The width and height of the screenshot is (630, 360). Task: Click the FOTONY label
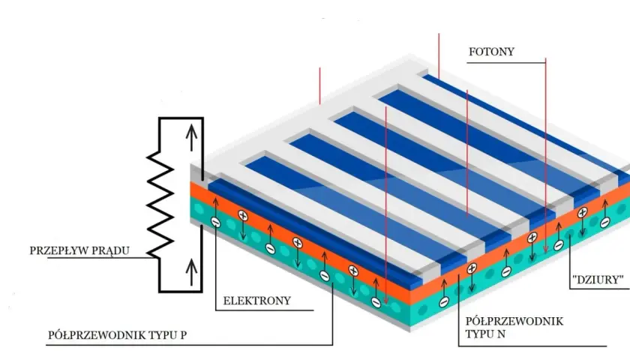(491, 52)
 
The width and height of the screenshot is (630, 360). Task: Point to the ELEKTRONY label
(256, 301)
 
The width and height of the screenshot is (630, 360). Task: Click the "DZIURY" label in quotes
(598, 280)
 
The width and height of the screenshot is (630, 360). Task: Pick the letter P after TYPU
(183, 335)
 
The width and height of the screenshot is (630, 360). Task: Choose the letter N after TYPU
(502, 334)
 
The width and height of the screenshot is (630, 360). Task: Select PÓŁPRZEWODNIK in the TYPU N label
(514, 322)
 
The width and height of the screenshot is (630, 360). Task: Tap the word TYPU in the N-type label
(480, 334)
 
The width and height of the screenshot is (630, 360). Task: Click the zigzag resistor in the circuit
(160, 205)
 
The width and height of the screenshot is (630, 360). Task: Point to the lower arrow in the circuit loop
(192, 272)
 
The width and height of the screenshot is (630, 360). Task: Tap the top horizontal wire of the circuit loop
(181, 118)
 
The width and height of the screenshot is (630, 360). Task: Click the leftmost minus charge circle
(216, 222)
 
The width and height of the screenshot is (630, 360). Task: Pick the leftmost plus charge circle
(243, 216)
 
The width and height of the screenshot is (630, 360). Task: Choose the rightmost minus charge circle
(605, 222)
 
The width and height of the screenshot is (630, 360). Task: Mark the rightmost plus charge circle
(582, 213)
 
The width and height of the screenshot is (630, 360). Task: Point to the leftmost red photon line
(319, 86)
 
